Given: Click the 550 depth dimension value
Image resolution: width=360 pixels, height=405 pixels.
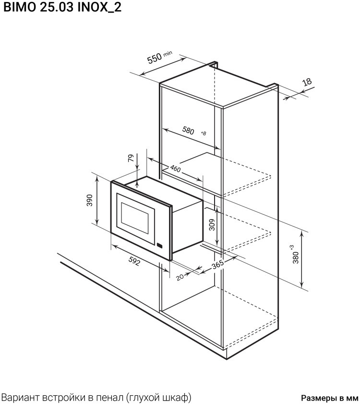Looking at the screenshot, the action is [155, 59].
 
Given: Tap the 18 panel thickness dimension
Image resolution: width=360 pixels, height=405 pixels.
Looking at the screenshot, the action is [307, 82].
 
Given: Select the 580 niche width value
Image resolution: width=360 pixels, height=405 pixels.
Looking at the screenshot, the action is [188, 131].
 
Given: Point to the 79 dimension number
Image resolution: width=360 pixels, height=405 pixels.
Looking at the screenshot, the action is [131, 158].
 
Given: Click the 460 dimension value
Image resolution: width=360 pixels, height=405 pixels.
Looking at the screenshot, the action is [176, 169].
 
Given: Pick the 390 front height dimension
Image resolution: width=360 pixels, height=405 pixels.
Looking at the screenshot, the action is [89, 200].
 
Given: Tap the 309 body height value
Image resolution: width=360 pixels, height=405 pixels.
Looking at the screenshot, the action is [212, 225].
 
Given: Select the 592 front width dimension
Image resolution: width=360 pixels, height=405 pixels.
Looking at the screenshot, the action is [134, 261].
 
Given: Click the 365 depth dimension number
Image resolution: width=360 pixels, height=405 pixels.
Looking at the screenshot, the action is [218, 265].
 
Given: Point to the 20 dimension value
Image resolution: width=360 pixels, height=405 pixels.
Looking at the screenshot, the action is [180, 277].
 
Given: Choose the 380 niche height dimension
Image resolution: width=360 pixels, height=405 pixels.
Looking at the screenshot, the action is [296, 258].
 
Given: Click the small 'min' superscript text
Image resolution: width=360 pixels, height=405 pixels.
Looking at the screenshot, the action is [168, 53].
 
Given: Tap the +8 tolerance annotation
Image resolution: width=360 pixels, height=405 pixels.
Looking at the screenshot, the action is [204, 133].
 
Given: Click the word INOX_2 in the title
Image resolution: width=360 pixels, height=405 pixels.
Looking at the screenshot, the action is [100, 7].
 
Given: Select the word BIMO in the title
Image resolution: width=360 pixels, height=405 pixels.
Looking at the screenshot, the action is [20, 7].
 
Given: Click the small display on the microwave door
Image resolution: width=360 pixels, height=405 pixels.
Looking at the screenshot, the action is [160, 245].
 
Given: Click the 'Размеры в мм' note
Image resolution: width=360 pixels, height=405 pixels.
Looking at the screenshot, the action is [330, 397].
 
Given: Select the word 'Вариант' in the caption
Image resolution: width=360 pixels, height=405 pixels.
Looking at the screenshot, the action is [20, 397].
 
